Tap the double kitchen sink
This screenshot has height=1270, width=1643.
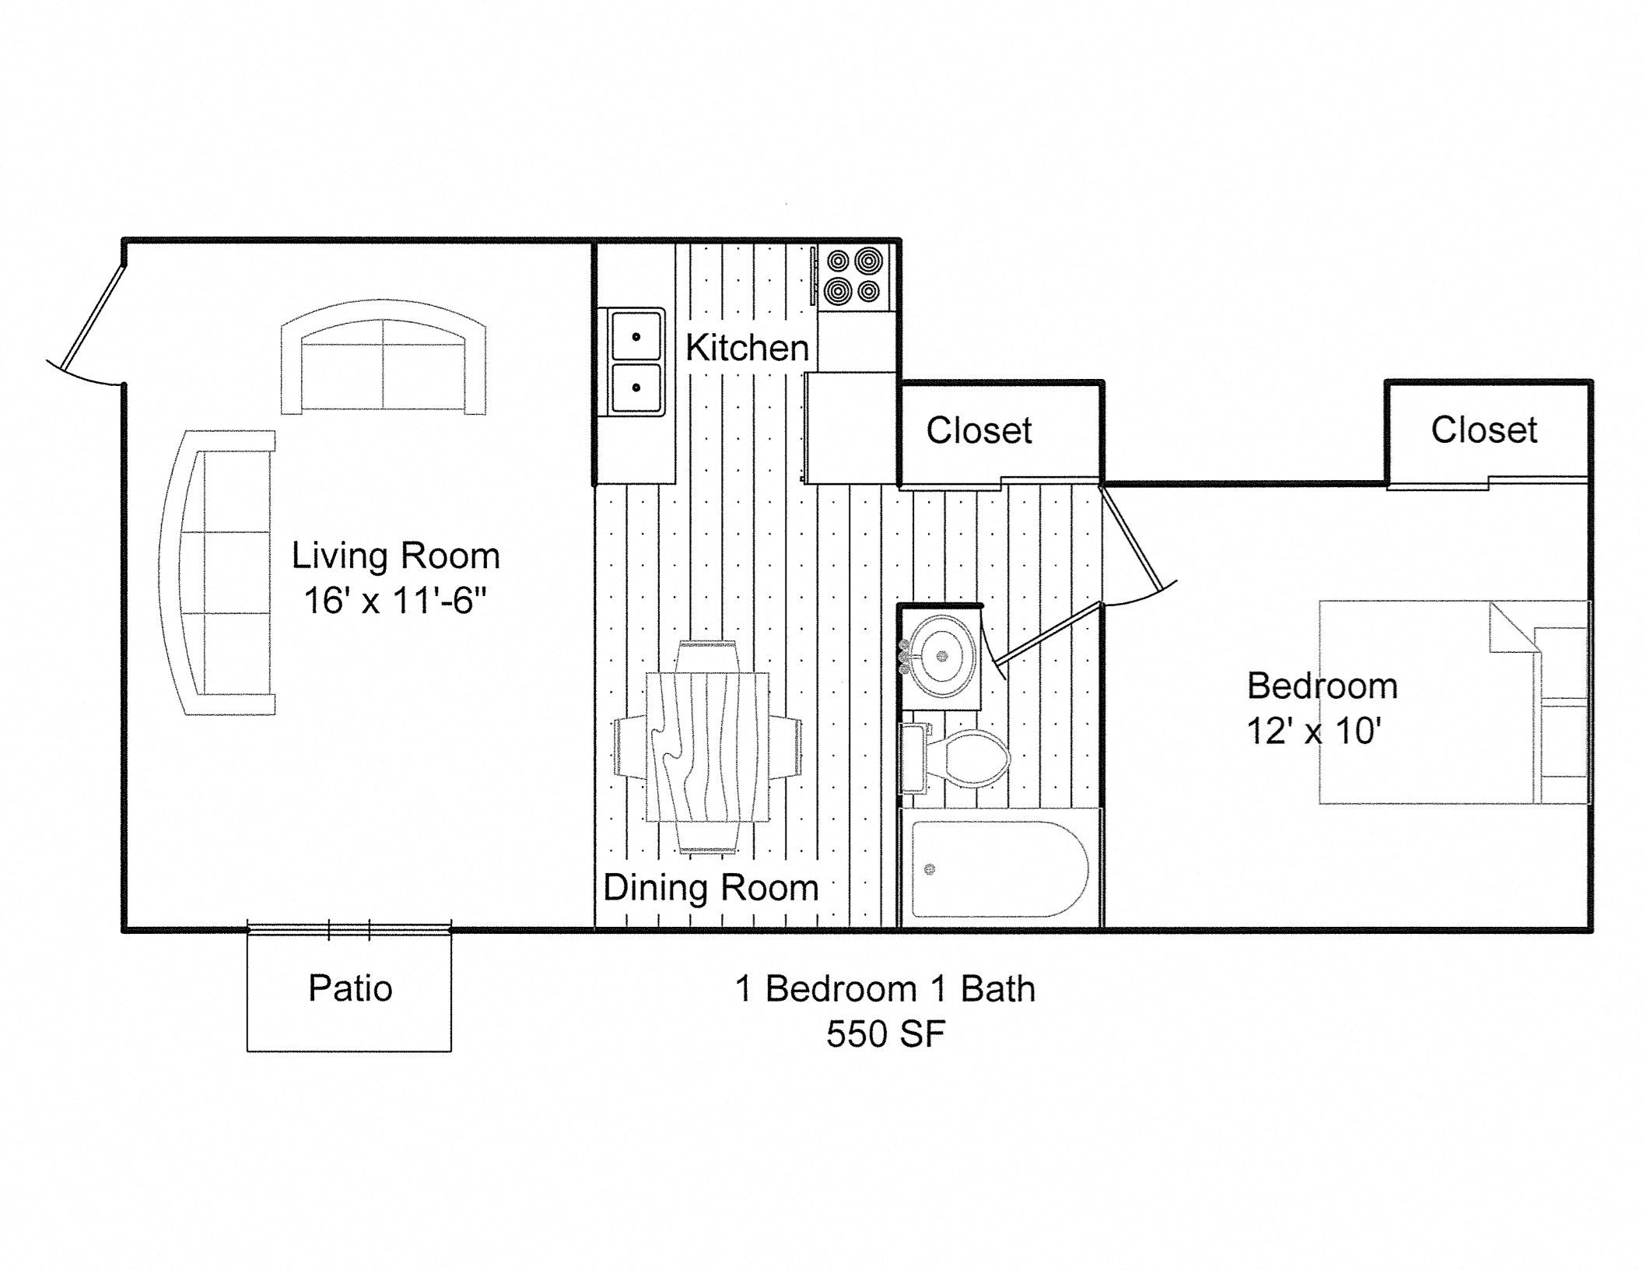click(636, 362)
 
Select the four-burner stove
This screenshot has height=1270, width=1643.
click(854, 276)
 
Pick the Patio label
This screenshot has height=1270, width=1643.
click(350, 988)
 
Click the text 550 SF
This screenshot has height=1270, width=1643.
click(885, 1034)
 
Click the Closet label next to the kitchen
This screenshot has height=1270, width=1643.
click(979, 430)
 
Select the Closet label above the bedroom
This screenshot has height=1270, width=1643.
click(1484, 430)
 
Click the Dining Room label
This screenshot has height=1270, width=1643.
click(710, 888)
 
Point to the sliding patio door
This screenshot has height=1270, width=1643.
click(349, 928)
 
